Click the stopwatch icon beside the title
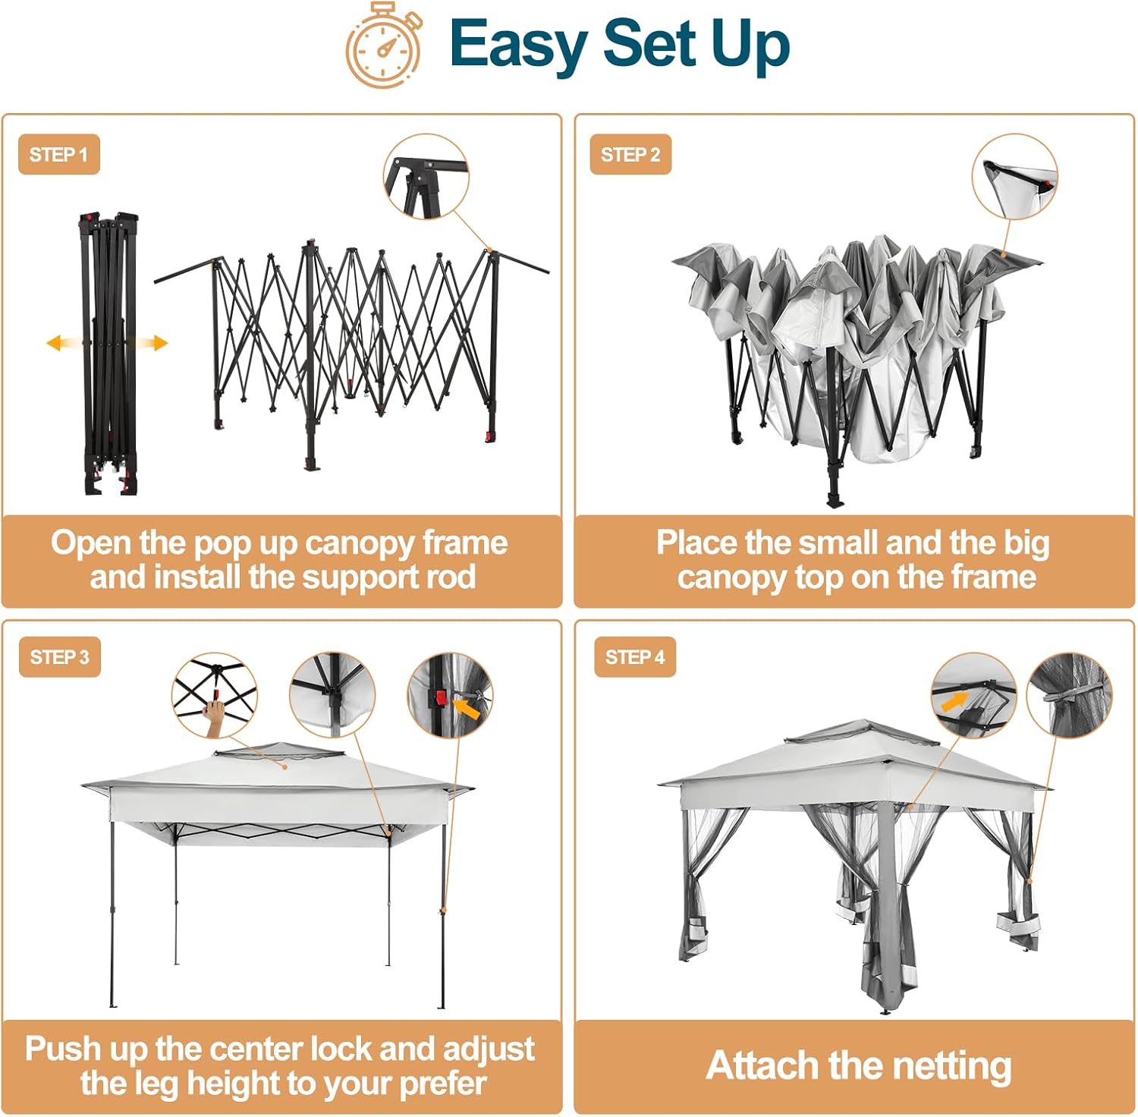click(384, 46)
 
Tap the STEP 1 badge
click(59, 155)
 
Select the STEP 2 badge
click(630, 155)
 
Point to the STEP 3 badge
click(59, 657)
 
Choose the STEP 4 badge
click(635, 657)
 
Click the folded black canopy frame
click(109, 354)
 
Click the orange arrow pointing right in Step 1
click(150, 343)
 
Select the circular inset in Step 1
click(426, 178)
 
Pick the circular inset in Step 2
click(1014, 178)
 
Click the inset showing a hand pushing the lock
click(215, 695)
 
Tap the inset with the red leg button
click(451, 695)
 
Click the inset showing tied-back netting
click(1069, 695)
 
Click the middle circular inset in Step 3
click(332, 695)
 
